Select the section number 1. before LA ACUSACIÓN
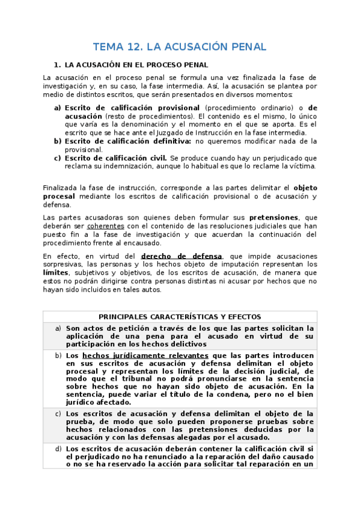pos(57,64)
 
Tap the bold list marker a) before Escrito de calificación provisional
pos(58,108)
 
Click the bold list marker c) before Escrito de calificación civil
pos(58,158)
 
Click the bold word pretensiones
pos(274,217)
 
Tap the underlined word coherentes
pos(105,226)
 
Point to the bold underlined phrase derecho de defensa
pos(182,256)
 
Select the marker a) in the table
pos(58,328)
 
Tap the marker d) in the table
pos(58,449)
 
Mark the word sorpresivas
pos(63,264)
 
